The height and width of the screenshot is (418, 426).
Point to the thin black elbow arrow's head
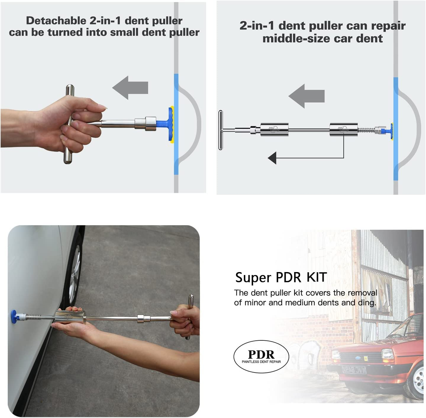[272, 158]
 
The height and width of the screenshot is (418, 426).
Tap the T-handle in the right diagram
[221, 130]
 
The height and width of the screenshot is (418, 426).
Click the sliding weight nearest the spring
[343, 130]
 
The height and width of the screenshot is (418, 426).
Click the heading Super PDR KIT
[281, 277]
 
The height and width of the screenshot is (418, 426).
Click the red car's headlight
[387, 354]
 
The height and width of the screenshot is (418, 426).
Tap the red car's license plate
[354, 369]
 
